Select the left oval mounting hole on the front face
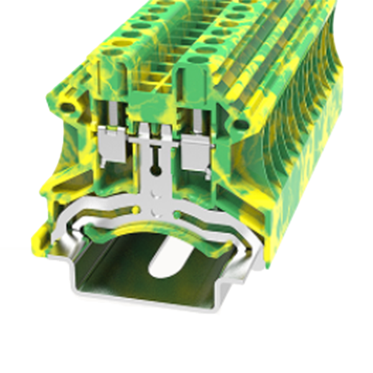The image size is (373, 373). point(67,107)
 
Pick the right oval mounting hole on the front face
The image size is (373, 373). point(239,124)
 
